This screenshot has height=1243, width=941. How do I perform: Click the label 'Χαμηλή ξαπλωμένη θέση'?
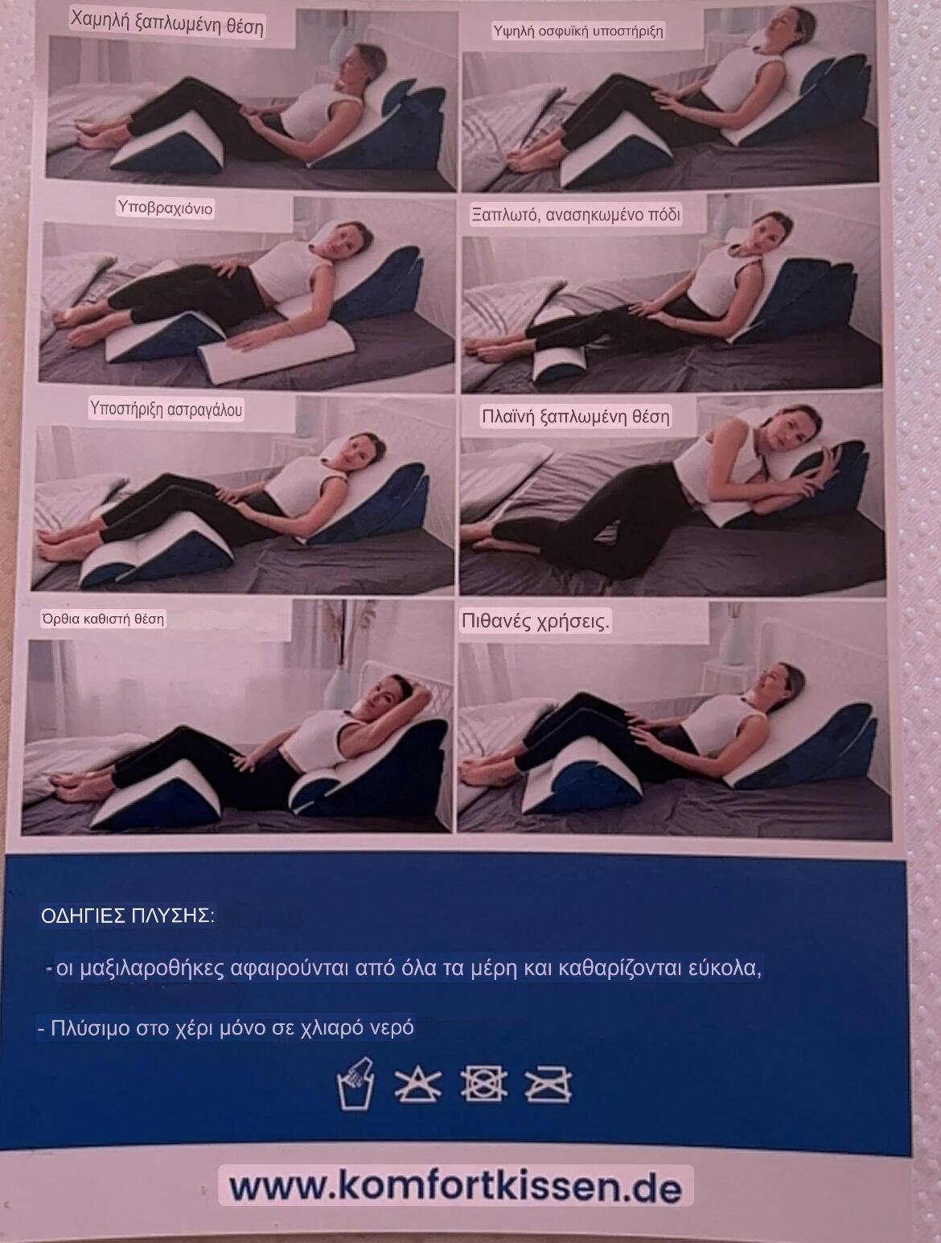(167, 24)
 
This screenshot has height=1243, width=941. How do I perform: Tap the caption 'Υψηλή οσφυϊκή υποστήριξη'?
(577, 31)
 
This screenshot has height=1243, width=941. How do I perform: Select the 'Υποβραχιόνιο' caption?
(165, 208)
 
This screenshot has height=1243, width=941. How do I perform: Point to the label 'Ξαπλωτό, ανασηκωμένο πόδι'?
(576, 215)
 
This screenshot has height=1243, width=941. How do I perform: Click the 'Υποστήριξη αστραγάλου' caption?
(166, 409)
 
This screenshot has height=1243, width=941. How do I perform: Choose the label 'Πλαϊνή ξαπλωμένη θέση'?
(576, 417)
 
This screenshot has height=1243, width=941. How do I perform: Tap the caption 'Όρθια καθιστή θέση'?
(103, 619)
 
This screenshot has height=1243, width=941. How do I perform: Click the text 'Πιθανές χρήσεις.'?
(536, 622)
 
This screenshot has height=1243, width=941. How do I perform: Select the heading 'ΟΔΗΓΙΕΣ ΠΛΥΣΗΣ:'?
(127, 916)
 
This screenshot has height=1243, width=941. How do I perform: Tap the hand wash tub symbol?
(355, 1083)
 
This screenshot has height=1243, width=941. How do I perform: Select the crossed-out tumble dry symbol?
(483, 1083)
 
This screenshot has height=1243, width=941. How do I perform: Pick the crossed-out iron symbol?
(548, 1084)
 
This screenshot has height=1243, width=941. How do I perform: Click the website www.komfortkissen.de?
(455, 1186)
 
